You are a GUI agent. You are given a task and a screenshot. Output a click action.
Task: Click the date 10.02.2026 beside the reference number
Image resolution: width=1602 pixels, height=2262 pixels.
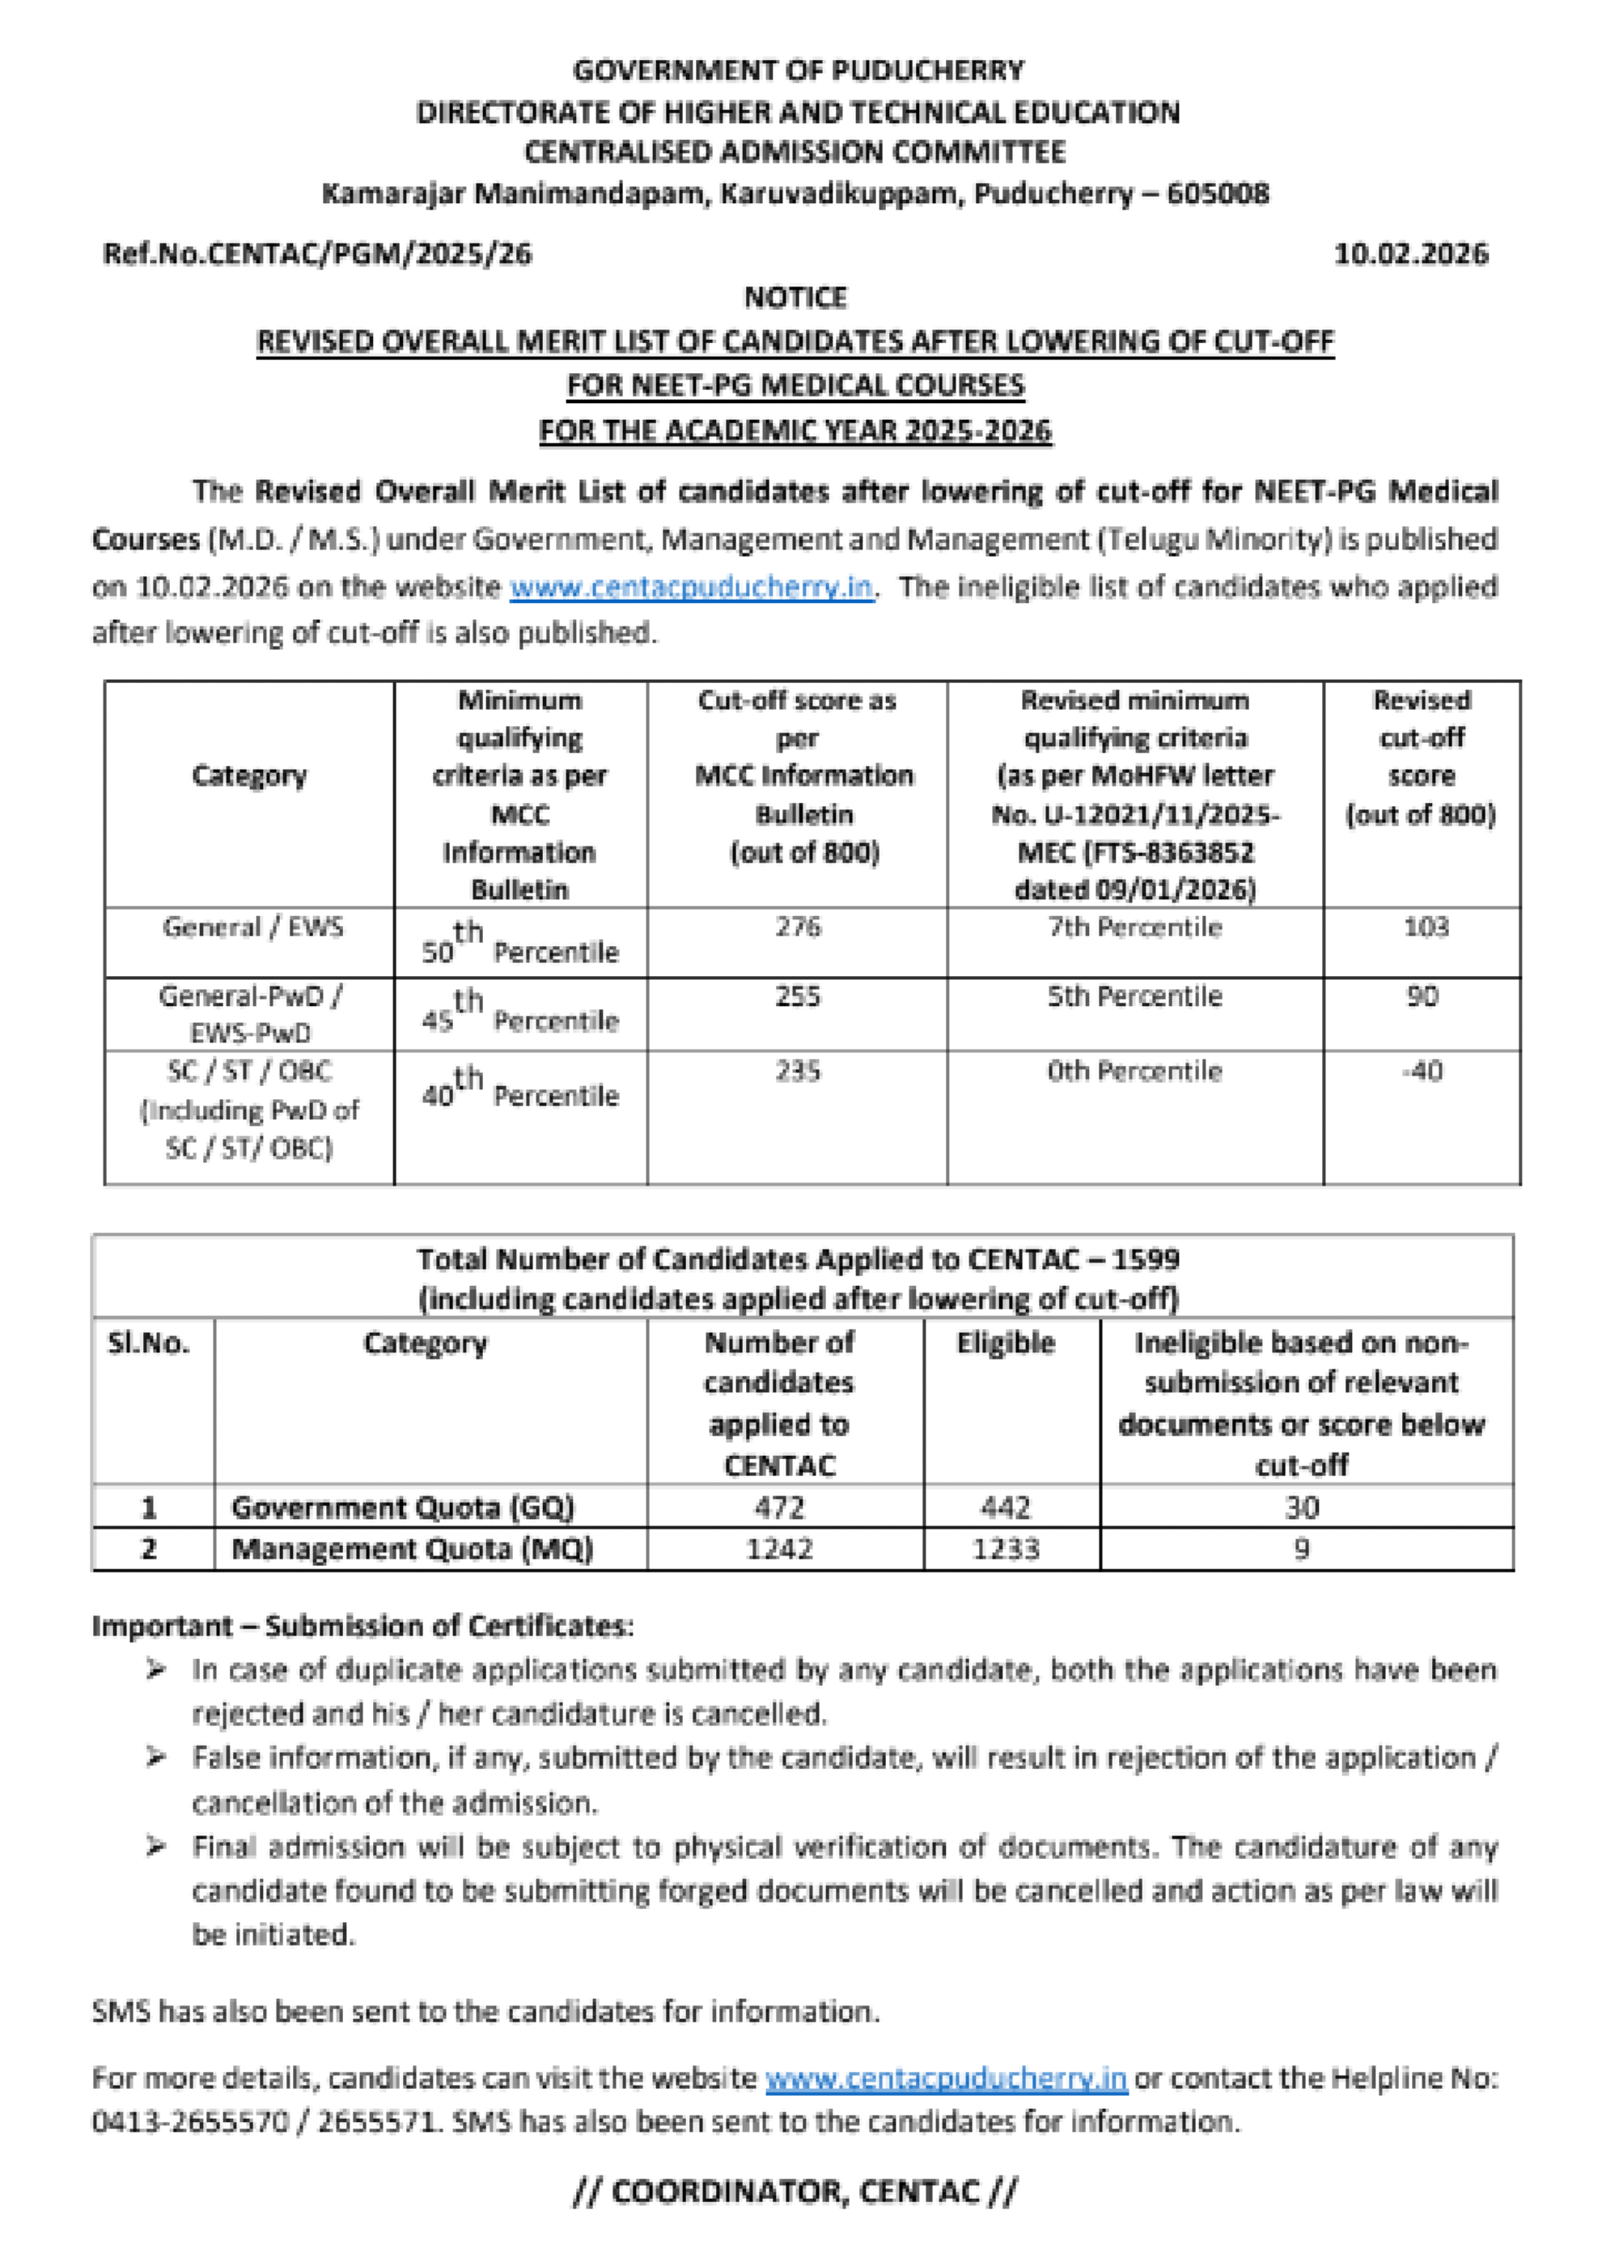[x=1409, y=254]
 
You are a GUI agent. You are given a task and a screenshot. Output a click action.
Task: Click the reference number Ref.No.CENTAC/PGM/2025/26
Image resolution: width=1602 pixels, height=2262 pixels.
[x=316, y=254]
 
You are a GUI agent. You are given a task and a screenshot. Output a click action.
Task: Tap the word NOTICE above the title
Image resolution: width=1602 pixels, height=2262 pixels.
[x=795, y=298]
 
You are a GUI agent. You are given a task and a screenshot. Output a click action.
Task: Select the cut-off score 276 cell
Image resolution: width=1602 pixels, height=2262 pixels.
[x=797, y=927]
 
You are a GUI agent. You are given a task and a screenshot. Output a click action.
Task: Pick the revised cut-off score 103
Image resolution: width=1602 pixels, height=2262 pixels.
[x=1426, y=927]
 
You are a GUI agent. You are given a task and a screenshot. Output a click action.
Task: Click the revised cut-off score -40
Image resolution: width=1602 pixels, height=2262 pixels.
[x=1422, y=1072]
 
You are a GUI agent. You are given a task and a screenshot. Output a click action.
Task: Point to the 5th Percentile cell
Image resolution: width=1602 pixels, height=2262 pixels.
[x=1134, y=996]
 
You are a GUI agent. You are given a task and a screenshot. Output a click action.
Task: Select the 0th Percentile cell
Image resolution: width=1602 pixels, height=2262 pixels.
[x=1134, y=1072]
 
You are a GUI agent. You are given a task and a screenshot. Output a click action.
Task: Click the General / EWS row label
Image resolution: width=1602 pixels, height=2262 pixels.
[x=252, y=927]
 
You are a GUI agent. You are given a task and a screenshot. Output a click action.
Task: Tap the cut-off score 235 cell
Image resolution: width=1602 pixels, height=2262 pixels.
[x=797, y=1072]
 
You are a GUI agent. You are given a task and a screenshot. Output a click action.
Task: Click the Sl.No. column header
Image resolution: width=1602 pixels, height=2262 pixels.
[x=149, y=1343]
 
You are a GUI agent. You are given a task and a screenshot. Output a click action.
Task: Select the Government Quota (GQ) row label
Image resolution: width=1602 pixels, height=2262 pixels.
[x=402, y=1508]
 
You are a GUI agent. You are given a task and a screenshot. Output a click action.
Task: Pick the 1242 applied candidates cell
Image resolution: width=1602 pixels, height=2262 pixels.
[x=779, y=1549]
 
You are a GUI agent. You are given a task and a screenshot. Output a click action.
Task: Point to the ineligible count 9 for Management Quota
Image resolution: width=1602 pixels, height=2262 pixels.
[x=1301, y=1549]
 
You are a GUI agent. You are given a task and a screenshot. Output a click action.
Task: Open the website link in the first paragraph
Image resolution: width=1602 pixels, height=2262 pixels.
[x=692, y=587]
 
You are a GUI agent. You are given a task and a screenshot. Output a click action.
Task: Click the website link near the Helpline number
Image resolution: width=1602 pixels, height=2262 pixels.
[x=946, y=2078]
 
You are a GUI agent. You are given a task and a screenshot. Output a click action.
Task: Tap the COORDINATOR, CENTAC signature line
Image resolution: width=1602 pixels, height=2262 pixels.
[x=795, y=2192]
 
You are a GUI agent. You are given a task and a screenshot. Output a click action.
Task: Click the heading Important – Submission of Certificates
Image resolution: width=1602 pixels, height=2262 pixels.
[x=362, y=1627]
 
